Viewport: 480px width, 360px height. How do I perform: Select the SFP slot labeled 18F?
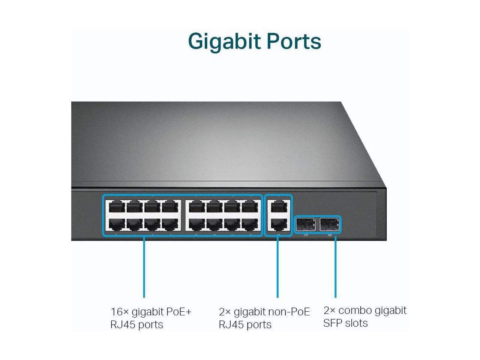tap(330, 224)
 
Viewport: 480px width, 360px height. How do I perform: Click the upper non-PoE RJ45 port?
tap(278, 207)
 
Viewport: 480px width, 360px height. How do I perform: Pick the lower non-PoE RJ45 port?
tap(278, 224)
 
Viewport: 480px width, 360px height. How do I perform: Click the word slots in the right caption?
tap(356, 323)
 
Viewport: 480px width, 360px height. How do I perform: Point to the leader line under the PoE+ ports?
tap(144, 266)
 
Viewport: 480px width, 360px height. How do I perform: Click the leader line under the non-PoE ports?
tap(277, 266)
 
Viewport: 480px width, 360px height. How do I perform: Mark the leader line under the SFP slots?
tap(335, 266)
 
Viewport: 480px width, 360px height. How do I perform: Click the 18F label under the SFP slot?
tap(330, 235)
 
